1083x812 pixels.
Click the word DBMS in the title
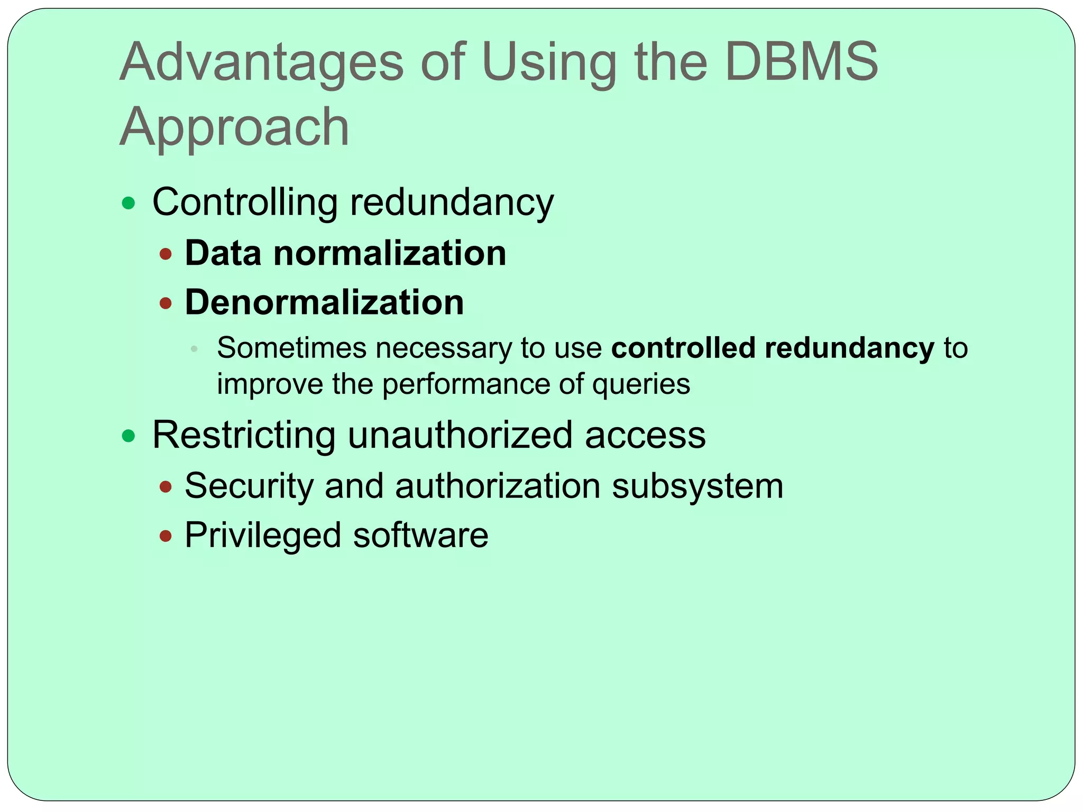pyautogui.click(x=802, y=62)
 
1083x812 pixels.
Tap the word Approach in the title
pyautogui.click(x=234, y=127)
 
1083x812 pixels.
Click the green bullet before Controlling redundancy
pyautogui.click(x=129, y=203)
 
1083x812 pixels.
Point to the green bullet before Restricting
pyautogui.click(x=129, y=436)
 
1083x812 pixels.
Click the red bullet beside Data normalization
pyautogui.click(x=166, y=254)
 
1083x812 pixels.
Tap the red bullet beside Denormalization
pyautogui.click(x=166, y=303)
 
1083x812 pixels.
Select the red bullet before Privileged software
pyautogui.click(x=166, y=536)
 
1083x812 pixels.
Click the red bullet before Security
pyautogui.click(x=166, y=487)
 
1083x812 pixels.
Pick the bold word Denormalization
pyautogui.click(x=324, y=302)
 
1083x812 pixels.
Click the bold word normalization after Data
pyautogui.click(x=390, y=253)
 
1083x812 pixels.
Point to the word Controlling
pyautogui.click(x=245, y=202)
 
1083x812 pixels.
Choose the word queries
pyautogui.click(x=641, y=385)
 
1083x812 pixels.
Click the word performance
pyautogui.click(x=466, y=385)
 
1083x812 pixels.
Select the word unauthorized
pyautogui.click(x=460, y=436)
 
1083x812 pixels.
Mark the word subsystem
pyautogui.click(x=697, y=486)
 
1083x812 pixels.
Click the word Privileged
pyautogui.click(x=263, y=536)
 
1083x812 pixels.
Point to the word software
pyautogui.click(x=420, y=535)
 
